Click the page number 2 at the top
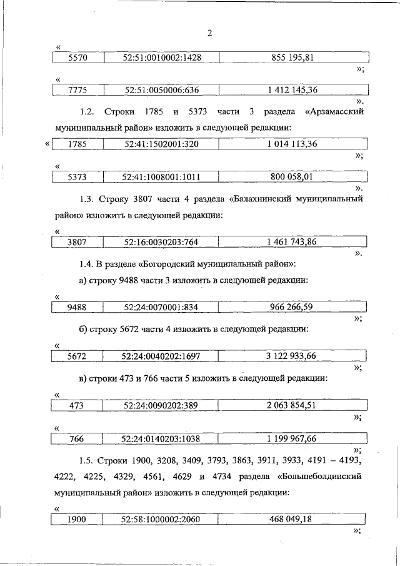point(209,33)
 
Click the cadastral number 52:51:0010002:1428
point(162,58)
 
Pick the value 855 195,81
point(292,58)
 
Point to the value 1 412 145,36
point(292,90)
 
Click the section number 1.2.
point(87,111)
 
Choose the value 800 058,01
point(291,177)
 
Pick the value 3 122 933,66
point(291,356)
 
